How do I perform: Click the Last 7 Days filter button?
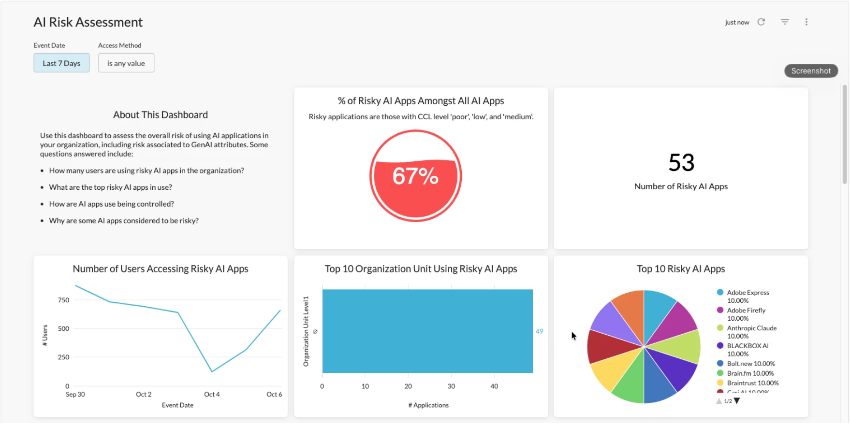[61, 63]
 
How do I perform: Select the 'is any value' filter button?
[126, 63]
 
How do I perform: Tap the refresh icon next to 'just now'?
[761, 22]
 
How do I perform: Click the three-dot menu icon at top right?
[806, 22]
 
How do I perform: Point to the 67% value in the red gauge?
[415, 176]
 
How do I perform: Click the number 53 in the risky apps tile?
[681, 163]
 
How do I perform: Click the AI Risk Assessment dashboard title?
[88, 22]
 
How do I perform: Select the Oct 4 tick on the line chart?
[212, 395]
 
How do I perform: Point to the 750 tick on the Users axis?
[63, 300]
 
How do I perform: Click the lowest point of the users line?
[212, 371]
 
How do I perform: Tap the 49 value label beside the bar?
[539, 331]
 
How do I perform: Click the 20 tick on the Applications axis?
[408, 386]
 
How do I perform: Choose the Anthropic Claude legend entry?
[751, 328]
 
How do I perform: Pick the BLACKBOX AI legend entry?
[747, 346]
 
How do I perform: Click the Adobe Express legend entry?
[747, 293]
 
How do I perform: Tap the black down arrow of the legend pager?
[737, 401]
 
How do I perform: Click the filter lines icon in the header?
[785, 22]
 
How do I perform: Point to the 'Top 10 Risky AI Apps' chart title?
[681, 269]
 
